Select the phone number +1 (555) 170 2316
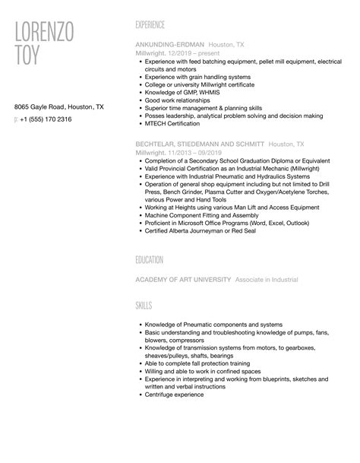48,119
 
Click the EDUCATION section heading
149,260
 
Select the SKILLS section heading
144,305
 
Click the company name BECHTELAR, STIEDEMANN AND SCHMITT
200,143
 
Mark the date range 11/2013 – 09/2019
193,153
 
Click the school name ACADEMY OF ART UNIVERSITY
183,280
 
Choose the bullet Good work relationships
178,100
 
